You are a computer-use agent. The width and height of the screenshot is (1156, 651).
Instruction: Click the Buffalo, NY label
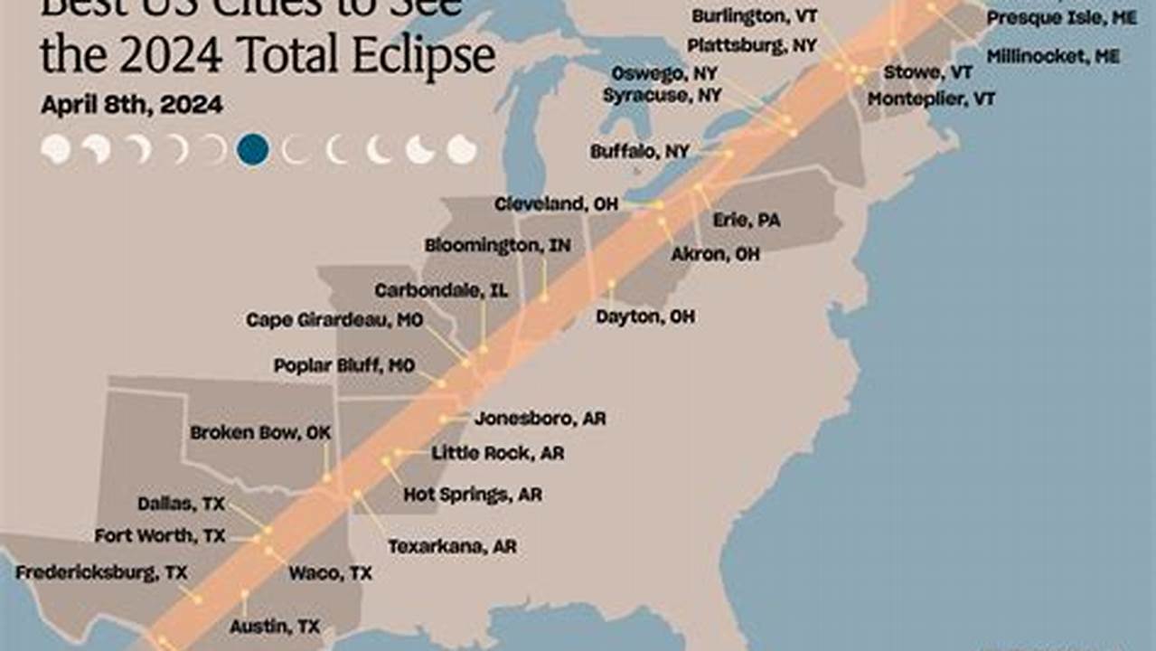tap(639, 152)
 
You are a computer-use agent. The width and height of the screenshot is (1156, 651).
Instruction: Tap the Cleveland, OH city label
tap(556, 204)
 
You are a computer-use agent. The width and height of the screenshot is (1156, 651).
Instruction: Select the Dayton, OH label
tap(645, 317)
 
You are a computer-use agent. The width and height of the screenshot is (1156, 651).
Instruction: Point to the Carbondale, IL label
tap(441, 290)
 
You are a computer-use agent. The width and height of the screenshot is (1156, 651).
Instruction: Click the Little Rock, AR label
tap(497, 454)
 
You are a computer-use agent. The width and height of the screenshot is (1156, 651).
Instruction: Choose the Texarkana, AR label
tap(452, 547)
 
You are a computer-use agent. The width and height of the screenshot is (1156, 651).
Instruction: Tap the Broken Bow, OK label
tap(260, 433)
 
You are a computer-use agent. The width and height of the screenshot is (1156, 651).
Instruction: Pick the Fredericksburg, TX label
tap(101, 572)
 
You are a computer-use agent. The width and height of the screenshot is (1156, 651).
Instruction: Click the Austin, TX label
tap(275, 626)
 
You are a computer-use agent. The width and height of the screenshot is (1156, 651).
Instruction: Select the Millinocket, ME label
tap(1053, 56)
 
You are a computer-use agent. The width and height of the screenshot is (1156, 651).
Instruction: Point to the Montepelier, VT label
tap(931, 99)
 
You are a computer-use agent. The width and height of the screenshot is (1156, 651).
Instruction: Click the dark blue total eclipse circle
tap(252, 149)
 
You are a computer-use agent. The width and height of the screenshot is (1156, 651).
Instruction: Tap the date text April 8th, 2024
tap(132, 105)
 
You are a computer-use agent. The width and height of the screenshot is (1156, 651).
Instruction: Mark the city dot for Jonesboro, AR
tap(444, 420)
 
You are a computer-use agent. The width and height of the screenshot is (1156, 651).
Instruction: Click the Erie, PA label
tap(747, 220)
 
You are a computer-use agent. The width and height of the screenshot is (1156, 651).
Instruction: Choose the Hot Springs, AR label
tap(472, 495)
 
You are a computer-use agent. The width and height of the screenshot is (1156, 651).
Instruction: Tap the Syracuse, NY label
tap(663, 95)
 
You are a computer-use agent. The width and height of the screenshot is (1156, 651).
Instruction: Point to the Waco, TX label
tap(330, 573)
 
